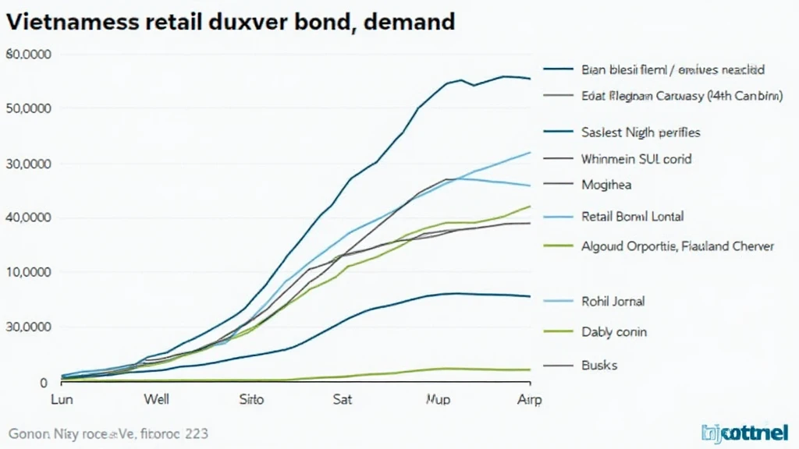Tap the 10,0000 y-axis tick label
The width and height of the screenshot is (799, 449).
click(29, 272)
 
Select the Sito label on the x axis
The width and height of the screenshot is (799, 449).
click(250, 400)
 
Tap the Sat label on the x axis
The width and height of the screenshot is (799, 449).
click(343, 400)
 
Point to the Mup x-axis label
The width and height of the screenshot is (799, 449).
click(438, 400)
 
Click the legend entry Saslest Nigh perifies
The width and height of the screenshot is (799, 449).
click(641, 133)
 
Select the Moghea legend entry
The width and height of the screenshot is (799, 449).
click(606, 186)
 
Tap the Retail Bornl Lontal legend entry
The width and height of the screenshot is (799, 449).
click(632, 217)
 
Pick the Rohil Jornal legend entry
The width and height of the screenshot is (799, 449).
click(613, 301)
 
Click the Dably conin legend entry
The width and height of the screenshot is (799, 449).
click(614, 332)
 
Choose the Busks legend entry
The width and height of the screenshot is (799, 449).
click(599, 364)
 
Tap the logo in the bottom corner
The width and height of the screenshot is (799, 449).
click(745, 431)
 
